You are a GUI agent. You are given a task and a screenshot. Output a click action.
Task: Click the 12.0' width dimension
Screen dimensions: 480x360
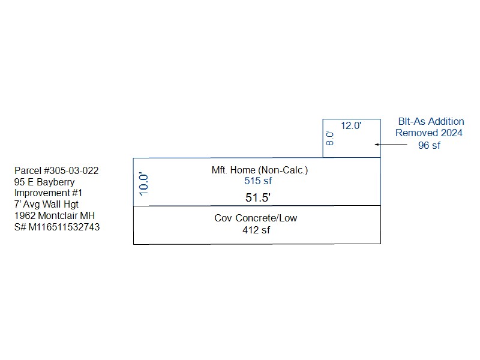[351, 125]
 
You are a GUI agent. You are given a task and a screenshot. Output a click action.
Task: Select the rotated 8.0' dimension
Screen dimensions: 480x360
[329, 139]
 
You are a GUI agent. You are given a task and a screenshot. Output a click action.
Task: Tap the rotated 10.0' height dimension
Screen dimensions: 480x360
[143, 184]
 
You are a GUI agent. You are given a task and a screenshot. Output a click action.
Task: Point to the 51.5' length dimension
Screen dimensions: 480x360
[258, 197]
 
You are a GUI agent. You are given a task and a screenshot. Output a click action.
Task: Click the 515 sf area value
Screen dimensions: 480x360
[258, 181]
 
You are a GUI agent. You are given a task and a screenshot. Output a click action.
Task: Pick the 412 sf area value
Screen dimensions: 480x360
[256, 230]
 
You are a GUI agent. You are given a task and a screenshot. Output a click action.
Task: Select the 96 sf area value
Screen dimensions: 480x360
[429, 145]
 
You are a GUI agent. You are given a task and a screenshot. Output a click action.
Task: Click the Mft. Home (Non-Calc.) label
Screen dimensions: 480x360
[260, 170]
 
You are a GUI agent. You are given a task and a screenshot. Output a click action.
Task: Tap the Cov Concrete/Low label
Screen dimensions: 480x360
[256, 218]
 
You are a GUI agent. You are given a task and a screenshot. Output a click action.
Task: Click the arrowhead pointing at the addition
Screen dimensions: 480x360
[377, 145]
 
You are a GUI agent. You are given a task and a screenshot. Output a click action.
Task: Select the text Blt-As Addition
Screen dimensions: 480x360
[431, 122]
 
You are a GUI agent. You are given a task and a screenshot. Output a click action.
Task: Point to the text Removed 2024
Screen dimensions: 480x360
[429, 133]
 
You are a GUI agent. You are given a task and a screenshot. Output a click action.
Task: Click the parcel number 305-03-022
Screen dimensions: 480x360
[74, 170]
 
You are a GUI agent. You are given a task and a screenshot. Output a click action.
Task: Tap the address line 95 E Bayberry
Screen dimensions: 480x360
[44, 182]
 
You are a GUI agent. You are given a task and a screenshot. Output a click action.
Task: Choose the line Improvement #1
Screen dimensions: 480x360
[49, 193]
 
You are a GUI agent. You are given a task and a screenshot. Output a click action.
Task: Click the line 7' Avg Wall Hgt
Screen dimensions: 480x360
[46, 204]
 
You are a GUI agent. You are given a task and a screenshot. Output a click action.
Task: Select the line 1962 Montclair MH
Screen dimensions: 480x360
[55, 215]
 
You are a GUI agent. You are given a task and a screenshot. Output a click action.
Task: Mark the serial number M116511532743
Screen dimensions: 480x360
[64, 227]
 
